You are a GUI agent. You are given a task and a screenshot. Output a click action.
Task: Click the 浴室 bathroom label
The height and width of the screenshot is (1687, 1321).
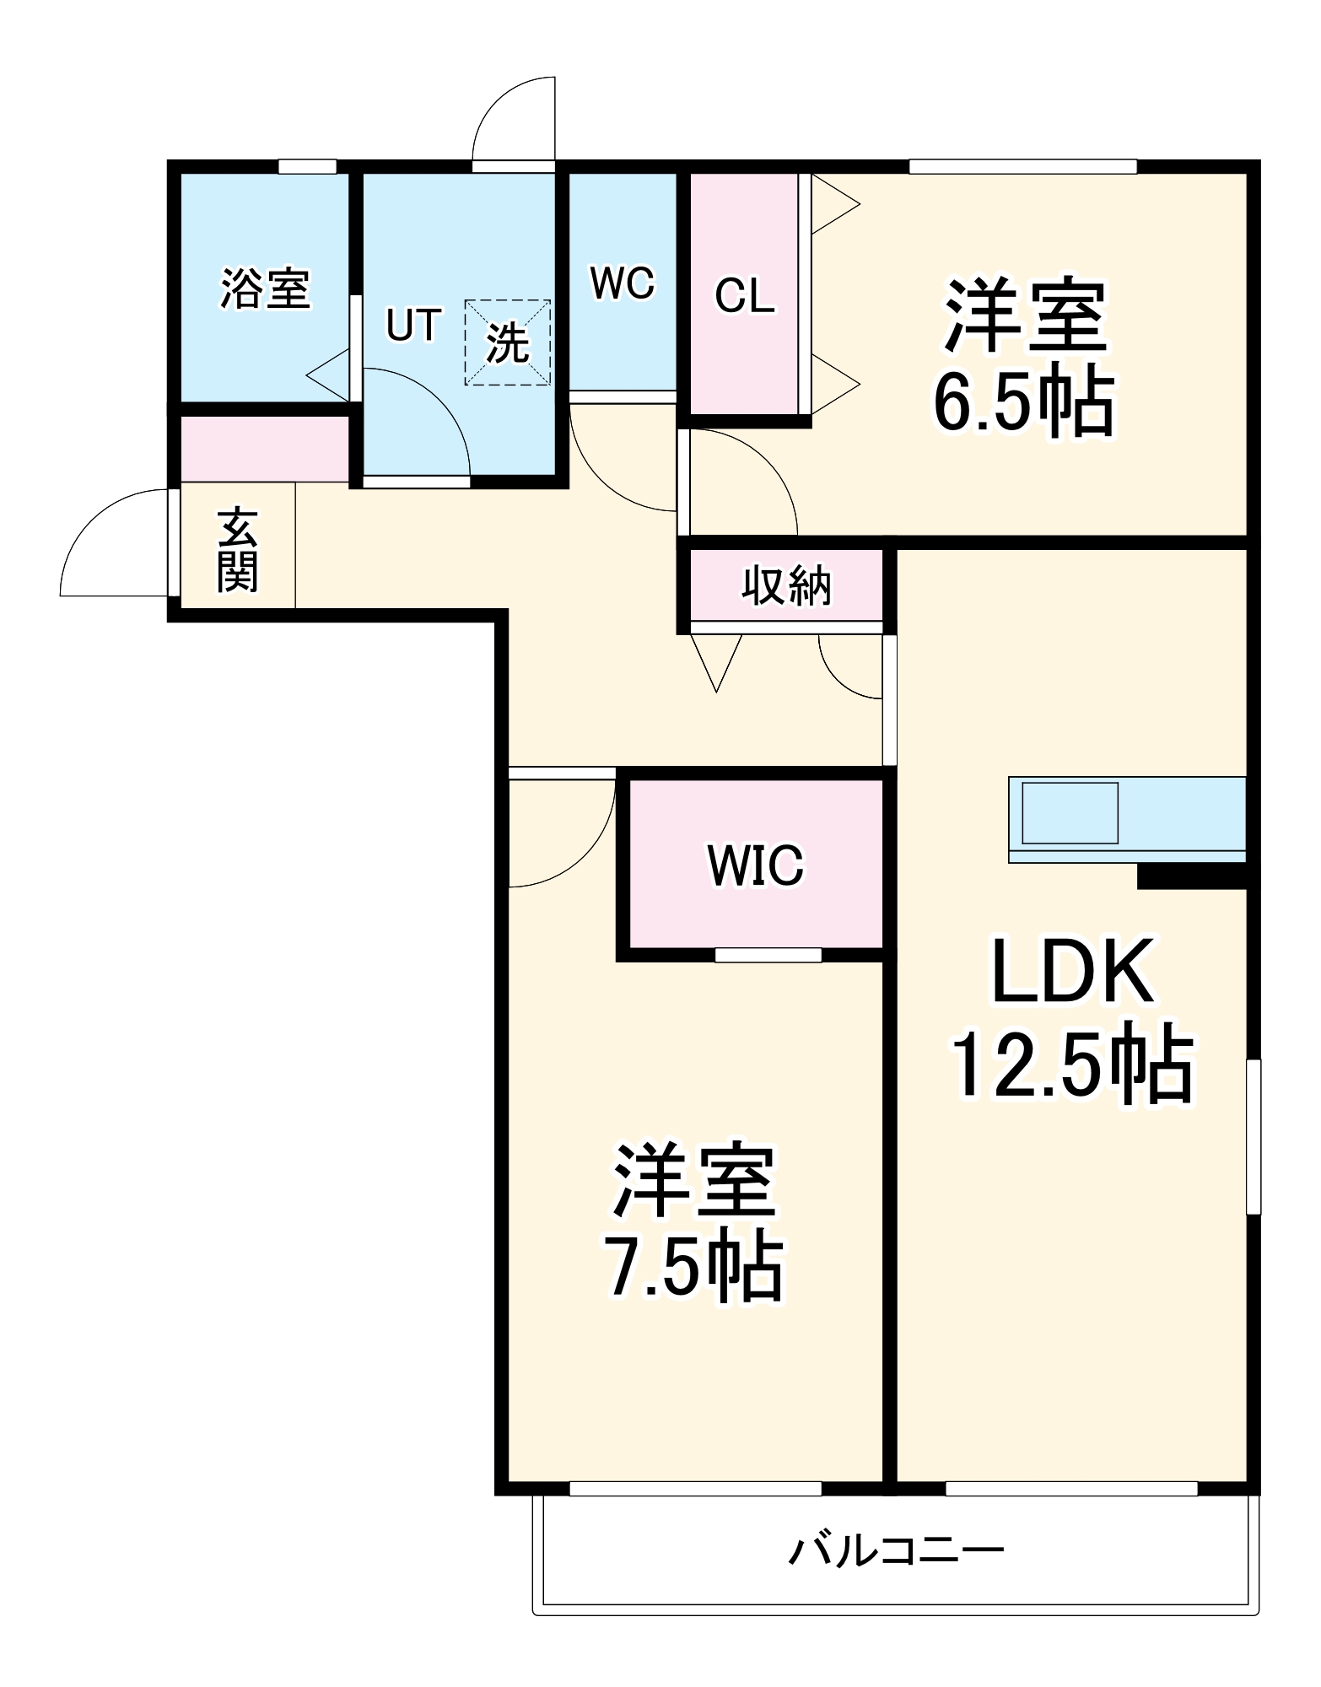(x=265, y=289)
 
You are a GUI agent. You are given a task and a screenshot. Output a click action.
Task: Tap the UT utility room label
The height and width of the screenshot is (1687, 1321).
(x=413, y=326)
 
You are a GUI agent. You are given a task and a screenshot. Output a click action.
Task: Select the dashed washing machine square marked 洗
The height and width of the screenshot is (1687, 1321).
(x=507, y=342)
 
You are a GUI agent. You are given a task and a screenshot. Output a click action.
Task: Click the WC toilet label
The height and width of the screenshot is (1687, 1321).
(x=622, y=283)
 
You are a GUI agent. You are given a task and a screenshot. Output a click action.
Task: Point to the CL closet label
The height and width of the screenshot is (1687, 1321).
(x=744, y=296)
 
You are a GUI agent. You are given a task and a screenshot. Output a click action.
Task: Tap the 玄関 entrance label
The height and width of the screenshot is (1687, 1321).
(x=238, y=550)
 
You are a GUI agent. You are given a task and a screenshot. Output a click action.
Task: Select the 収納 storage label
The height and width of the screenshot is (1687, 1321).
(x=786, y=585)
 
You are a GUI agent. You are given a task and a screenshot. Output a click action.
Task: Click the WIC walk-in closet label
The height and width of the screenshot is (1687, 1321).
(x=756, y=865)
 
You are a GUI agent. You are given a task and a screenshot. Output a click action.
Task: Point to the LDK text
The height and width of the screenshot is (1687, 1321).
(x=1071, y=973)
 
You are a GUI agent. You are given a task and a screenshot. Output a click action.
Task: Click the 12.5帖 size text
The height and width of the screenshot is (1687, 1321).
(x=1071, y=1065)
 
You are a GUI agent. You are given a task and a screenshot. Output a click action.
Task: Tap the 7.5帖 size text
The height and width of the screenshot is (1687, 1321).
(x=693, y=1268)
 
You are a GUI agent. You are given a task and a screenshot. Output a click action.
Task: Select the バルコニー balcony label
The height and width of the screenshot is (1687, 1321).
(x=896, y=1550)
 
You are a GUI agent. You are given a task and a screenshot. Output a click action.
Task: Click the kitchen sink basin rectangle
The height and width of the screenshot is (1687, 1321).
(x=1070, y=813)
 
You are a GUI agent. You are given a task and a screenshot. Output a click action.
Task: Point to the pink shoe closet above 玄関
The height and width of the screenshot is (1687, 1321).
(x=265, y=449)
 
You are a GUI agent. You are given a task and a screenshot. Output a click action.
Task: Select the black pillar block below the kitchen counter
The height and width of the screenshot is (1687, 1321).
(x=1191, y=876)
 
